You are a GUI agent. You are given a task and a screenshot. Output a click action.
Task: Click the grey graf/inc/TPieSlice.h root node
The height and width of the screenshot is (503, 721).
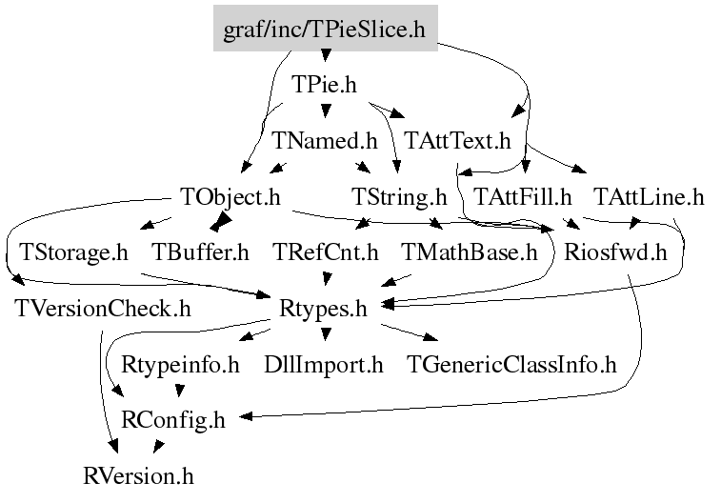click(x=324, y=30)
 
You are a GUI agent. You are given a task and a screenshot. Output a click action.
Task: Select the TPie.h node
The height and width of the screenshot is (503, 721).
click(x=324, y=86)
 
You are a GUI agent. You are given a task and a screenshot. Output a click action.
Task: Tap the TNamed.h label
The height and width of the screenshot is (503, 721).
click(x=325, y=141)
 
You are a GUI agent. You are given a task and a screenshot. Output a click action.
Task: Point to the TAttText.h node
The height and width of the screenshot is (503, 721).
click(x=458, y=141)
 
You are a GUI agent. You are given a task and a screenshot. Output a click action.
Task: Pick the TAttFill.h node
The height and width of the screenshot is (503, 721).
click(x=523, y=197)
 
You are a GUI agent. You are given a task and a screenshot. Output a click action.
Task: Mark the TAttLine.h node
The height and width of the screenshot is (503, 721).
click(x=649, y=197)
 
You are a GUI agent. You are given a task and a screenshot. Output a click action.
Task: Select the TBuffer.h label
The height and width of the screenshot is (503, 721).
click(x=200, y=252)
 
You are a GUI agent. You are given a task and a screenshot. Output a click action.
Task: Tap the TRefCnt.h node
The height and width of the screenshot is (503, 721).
click(x=326, y=252)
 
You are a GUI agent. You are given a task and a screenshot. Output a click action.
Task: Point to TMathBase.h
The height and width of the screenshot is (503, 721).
click(x=470, y=252)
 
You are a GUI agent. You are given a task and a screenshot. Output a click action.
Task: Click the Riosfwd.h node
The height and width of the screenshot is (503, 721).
click(x=614, y=252)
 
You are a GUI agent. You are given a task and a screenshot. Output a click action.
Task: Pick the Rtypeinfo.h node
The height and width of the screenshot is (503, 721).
click(x=181, y=364)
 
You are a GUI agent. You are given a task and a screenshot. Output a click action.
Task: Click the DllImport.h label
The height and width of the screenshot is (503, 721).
click(x=323, y=364)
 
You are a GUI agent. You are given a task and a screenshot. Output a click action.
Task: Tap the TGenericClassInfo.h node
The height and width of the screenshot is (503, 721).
click(x=511, y=364)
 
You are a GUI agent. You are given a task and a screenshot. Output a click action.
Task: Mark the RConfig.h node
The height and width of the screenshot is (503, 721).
click(x=174, y=419)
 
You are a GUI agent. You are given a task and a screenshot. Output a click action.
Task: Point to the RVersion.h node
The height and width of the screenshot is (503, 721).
click(x=139, y=474)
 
